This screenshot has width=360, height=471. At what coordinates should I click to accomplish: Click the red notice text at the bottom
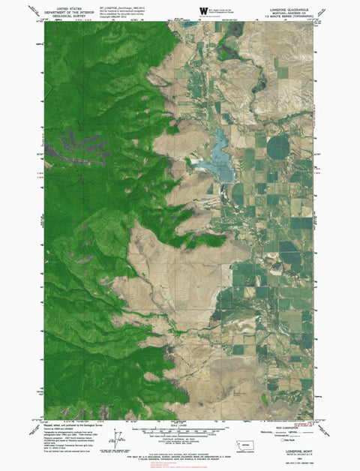coord(179,464)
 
